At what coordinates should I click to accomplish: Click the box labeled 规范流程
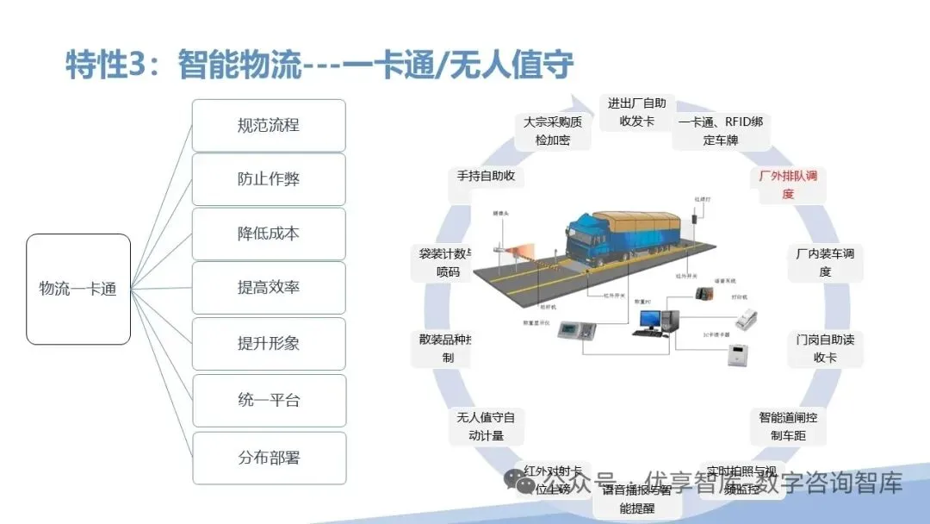pyautogui.click(x=268, y=125)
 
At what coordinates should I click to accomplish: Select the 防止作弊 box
pyautogui.click(x=268, y=179)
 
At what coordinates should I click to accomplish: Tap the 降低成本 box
pyautogui.click(x=268, y=234)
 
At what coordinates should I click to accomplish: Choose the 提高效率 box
pyautogui.click(x=268, y=288)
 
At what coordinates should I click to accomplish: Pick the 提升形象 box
pyautogui.click(x=268, y=343)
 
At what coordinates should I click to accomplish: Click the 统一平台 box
pyautogui.click(x=268, y=400)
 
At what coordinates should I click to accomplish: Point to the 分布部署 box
pyautogui.click(x=268, y=458)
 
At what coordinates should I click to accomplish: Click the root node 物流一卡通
pyautogui.click(x=78, y=289)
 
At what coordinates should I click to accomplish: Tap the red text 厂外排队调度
pyautogui.click(x=788, y=184)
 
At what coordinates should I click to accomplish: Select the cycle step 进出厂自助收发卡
pyautogui.click(x=636, y=112)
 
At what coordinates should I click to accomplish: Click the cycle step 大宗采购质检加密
pyautogui.click(x=553, y=130)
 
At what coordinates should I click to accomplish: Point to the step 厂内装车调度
pyautogui.click(x=824, y=262)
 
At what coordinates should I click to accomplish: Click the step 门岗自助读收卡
pyautogui.click(x=824, y=348)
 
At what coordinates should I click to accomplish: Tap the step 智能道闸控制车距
pyautogui.click(x=787, y=426)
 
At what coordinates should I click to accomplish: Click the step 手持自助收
pyautogui.click(x=486, y=176)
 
